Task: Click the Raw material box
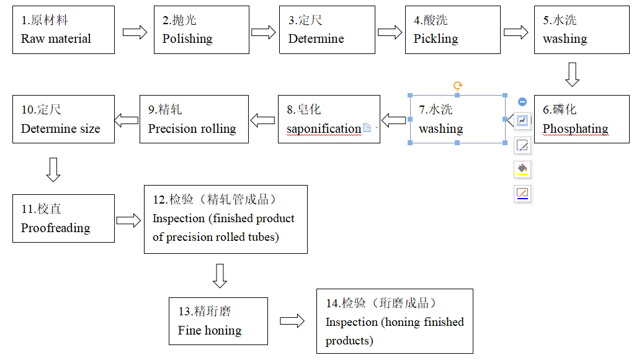tap(63, 30)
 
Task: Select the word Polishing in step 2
tap(187, 39)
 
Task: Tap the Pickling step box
tap(452, 30)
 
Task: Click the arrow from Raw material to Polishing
tap(135, 32)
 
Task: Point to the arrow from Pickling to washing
tap(516, 32)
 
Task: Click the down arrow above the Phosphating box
tap(572, 74)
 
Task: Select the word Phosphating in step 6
tap(575, 129)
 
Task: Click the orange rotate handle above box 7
tap(457, 86)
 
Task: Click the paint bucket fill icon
tap(522, 169)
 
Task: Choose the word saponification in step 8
tap(324, 129)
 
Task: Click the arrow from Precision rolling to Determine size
tap(127, 120)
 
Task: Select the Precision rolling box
tap(194, 119)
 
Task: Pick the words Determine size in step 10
tap(60, 129)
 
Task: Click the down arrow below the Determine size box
tap(53, 169)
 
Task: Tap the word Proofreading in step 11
tap(55, 228)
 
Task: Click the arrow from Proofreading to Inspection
tap(128, 220)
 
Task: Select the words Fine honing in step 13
tap(210, 331)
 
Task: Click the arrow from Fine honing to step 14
tap(292, 321)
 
